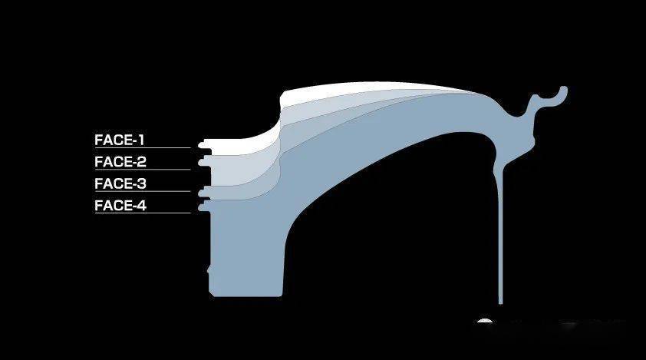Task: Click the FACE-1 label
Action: [120, 140]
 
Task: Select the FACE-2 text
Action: [120, 162]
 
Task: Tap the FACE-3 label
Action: [120, 184]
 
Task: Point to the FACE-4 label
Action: [120, 206]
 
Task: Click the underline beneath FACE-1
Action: [143, 147]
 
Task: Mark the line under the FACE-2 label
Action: [143, 170]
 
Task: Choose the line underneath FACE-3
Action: [143, 191]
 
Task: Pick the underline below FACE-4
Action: [143, 213]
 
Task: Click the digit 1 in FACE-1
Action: [141, 140]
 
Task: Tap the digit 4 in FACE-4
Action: [142, 206]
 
